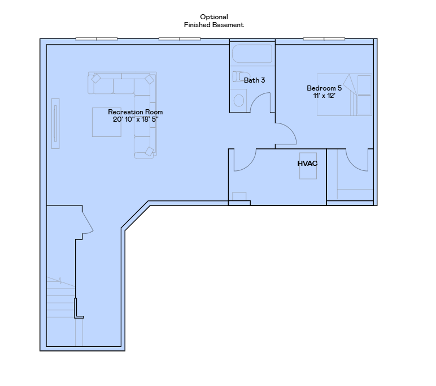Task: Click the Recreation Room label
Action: [x=135, y=112]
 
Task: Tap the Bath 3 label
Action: [x=254, y=80]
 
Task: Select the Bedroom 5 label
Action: [x=324, y=88]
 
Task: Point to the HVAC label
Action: [x=307, y=164]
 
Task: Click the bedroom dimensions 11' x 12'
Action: [x=324, y=96]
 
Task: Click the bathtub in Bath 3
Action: [x=252, y=55]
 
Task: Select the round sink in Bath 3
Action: [x=239, y=100]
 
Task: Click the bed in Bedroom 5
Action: [x=345, y=95]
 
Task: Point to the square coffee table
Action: [x=106, y=122]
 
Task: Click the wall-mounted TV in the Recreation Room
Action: [x=55, y=123]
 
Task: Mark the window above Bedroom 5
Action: [x=324, y=38]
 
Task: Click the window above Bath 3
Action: [x=252, y=40]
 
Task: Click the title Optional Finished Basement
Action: [x=213, y=21]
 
